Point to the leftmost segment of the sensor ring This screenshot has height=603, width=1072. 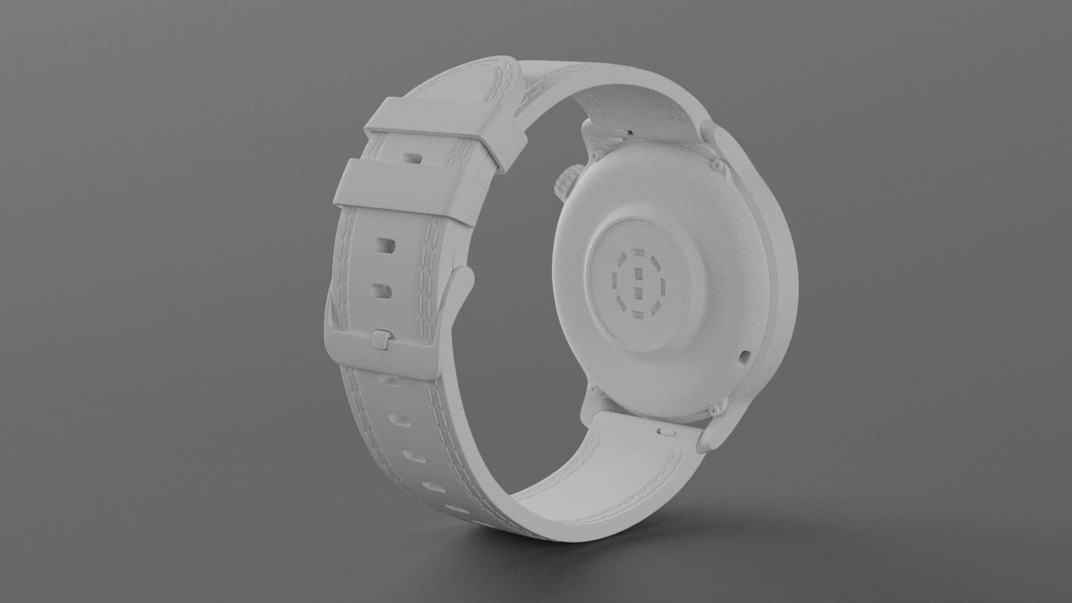(615, 281)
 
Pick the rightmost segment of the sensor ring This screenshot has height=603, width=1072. (663, 286)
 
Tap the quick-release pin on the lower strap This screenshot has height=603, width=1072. (666, 431)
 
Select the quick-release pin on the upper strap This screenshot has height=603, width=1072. (630, 132)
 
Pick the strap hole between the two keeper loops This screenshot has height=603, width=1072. (414, 159)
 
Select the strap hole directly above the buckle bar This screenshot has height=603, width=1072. (381, 290)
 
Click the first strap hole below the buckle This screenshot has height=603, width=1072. (385, 380)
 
